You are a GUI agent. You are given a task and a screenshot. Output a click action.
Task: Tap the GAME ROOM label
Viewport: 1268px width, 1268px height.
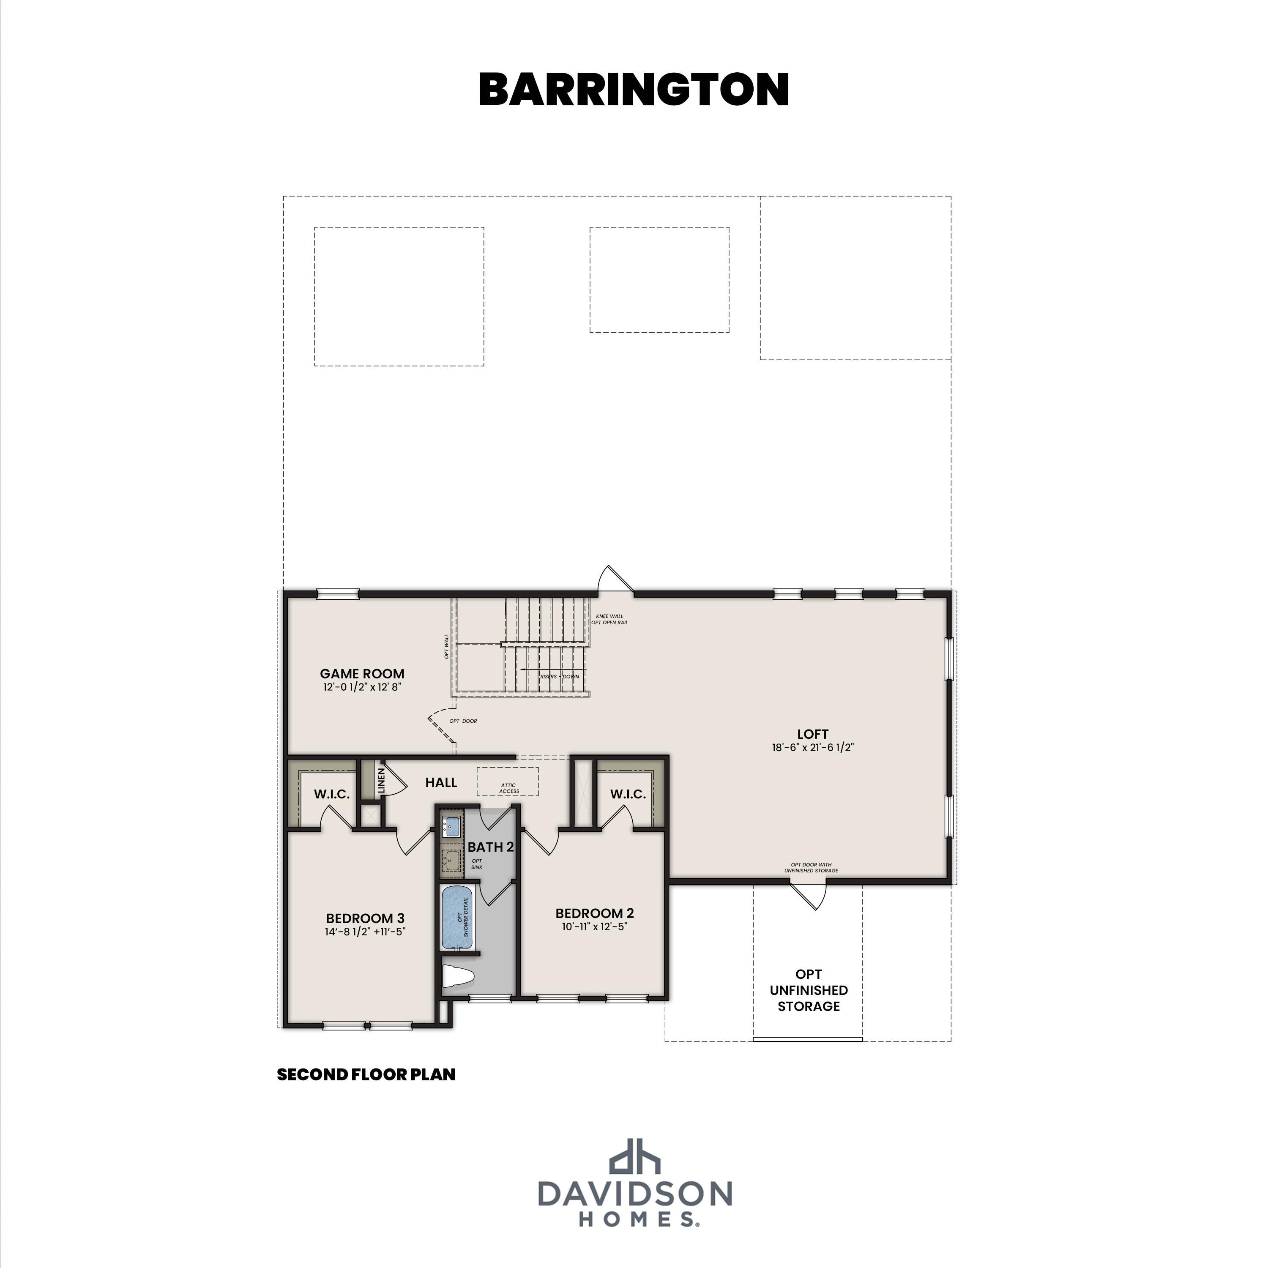click(x=362, y=673)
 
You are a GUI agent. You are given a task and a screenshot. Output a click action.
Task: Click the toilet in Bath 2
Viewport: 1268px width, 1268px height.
click(x=457, y=976)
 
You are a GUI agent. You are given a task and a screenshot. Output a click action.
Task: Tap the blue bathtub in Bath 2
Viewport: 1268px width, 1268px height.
click(x=457, y=916)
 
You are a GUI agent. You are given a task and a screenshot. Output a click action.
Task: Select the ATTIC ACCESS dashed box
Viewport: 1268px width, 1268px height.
click(x=508, y=782)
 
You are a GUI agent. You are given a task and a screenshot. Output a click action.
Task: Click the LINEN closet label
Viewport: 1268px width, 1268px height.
click(x=381, y=780)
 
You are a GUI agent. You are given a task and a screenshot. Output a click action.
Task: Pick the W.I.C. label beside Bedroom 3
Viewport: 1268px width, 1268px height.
click(x=331, y=794)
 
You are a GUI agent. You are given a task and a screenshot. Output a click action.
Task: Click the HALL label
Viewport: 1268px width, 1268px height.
click(x=441, y=782)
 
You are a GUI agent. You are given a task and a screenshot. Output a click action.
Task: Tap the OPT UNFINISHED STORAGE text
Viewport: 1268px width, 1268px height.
click(x=809, y=990)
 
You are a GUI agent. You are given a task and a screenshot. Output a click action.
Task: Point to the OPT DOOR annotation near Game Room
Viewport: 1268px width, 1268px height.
click(x=463, y=721)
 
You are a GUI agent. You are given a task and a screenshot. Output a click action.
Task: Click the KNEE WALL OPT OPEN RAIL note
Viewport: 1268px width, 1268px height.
click(x=610, y=619)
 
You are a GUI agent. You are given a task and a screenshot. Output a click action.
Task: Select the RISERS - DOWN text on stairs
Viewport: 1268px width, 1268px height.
click(x=559, y=676)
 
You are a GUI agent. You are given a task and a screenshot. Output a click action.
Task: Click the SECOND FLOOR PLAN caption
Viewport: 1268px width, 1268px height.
click(x=366, y=1074)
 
